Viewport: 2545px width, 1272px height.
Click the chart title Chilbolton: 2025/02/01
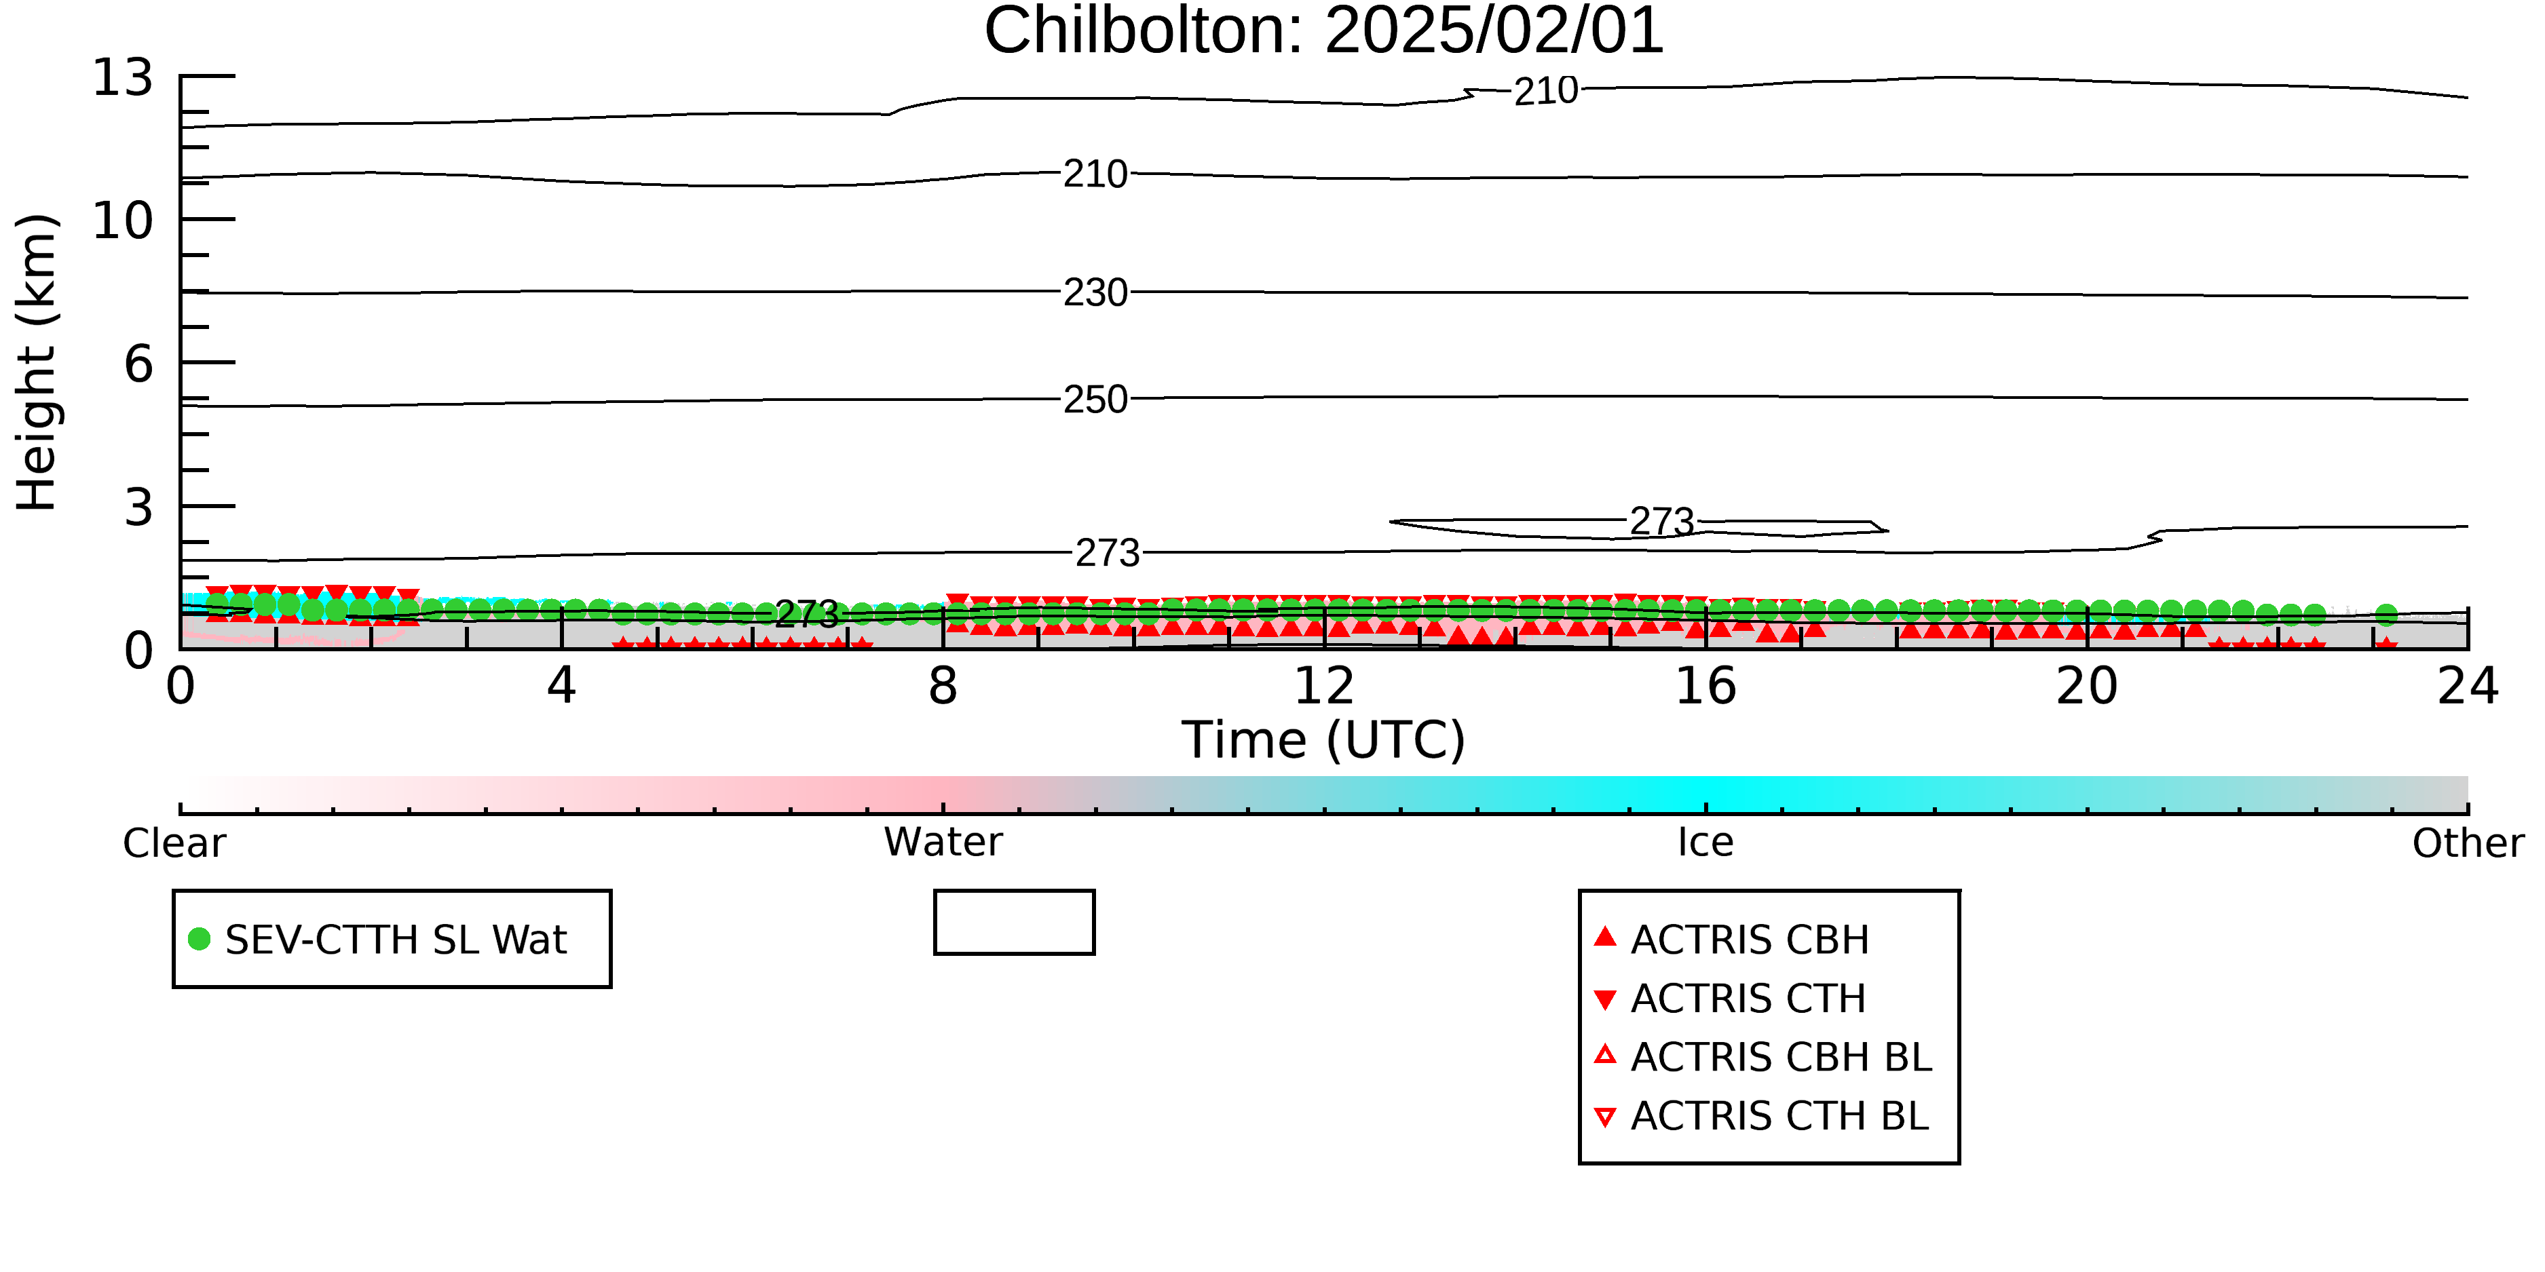click(1324, 32)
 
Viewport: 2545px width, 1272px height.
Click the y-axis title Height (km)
click(37, 362)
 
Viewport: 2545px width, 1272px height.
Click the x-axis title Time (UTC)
click(1324, 739)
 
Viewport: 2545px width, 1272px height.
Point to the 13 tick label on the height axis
click(124, 77)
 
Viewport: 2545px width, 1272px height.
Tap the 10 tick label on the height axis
click(124, 220)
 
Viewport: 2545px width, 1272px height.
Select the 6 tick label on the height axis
click(139, 364)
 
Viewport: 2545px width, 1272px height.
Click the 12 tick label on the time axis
click(1324, 687)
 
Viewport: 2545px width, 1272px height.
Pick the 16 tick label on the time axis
click(1705, 687)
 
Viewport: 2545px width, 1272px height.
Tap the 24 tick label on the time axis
click(2468, 687)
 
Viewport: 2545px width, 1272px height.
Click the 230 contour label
click(1095, 293)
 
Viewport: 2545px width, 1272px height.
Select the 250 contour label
click(1095, 400)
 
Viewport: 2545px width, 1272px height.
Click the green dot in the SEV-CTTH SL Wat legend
click(200, 939)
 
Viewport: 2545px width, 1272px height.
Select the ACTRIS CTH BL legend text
click(1779, 1116)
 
